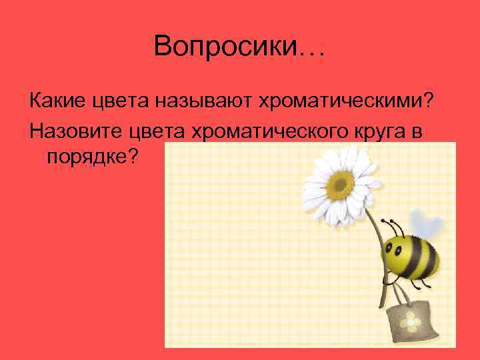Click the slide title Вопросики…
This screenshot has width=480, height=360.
click(239, 47)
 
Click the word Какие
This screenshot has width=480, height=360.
click(57, 101)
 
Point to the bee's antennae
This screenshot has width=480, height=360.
click(388, 223)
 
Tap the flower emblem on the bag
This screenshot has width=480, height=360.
click(411, 322)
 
